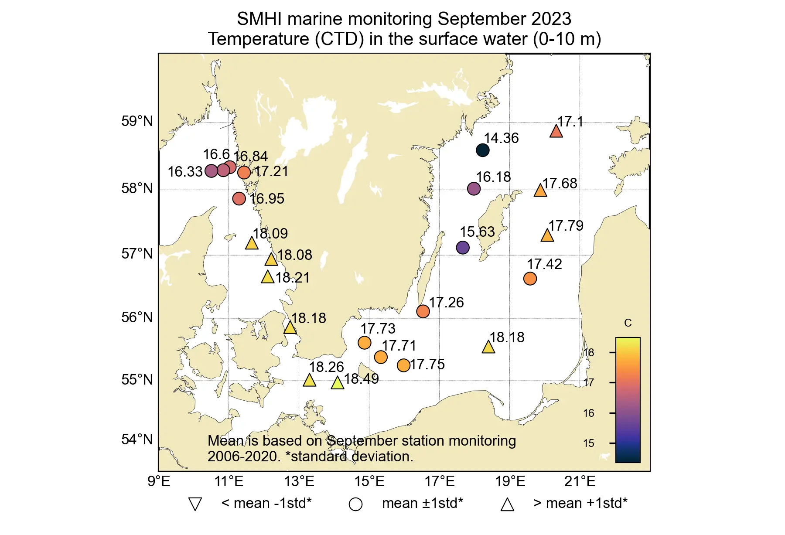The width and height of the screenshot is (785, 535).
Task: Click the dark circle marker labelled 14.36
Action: pos(482,150)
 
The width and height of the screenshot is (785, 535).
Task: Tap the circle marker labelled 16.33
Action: pos(211,171)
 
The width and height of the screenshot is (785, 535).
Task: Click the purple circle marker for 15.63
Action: pos(463,248)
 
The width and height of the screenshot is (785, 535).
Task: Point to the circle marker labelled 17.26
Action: pos(423,311)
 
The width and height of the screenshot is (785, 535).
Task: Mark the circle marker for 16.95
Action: pos(239,199)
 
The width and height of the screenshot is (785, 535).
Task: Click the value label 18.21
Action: pos(292,278)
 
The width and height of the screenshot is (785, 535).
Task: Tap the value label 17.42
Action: pos(544,264)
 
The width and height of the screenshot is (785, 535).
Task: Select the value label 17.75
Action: pos(427,365)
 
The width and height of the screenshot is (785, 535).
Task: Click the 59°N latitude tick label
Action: pos(137,121)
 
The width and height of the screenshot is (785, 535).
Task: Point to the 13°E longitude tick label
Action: pos(299,481)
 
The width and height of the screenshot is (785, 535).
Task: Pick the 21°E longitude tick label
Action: pos(580,481)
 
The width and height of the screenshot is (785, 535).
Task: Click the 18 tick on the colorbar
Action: pos(589,352)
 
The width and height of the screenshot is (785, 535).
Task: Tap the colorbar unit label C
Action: pos(628,323)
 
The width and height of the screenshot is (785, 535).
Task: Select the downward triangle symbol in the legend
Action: pos(195,504)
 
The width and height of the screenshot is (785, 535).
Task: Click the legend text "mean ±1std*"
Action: pos(422,503)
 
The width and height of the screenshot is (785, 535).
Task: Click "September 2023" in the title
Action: pos(504,19)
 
